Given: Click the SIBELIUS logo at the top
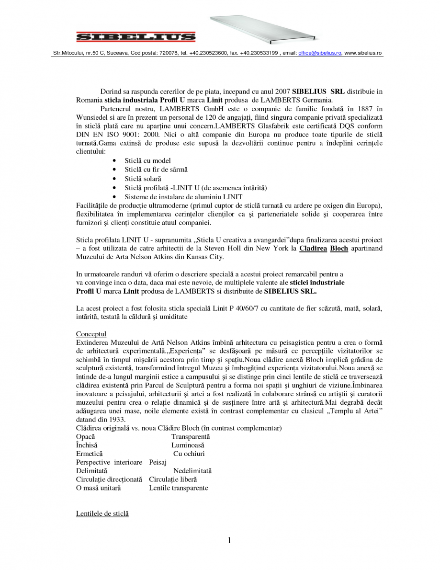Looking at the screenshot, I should (x=135, y=36).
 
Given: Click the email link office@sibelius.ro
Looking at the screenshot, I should (x=319, y=53).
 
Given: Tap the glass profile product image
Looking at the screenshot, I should (x=263, y=29).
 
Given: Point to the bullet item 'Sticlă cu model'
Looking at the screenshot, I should (x=147, y=161).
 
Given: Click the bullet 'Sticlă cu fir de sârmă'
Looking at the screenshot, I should (x=156, y=170).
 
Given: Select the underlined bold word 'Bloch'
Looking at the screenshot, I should (x=339, y=249).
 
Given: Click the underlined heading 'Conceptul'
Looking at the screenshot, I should (x=91, y=334).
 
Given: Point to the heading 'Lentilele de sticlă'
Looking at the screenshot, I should (x=102, y=514).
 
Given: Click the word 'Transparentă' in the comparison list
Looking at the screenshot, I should (x=191, y=437).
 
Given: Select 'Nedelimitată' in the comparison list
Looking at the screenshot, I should (x=192, y=471).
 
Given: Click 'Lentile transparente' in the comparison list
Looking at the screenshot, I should (x=179, y=488).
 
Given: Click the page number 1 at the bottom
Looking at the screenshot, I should (x=229, y=541).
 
